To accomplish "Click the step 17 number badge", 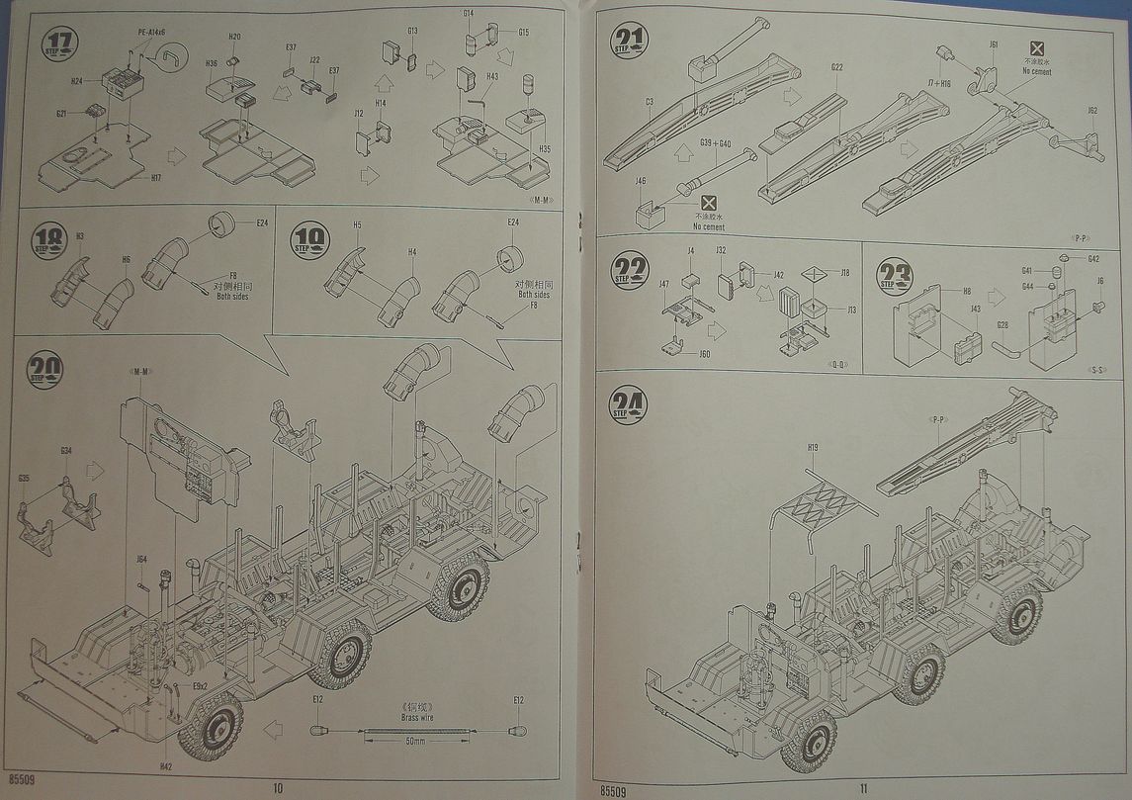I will pos(59,44).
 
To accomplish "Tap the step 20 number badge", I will pos(45,370).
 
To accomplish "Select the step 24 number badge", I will pos(629,404).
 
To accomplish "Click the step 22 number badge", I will pos(630,269).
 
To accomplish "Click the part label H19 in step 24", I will pos(812,448).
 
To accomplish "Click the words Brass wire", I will pos(416,717).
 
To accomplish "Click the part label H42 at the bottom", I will pos(165,766).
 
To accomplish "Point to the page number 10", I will pos(277,787).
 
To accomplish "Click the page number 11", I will pos(862,787).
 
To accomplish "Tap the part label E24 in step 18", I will pos(262,223).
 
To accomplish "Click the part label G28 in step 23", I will pos(1002,324).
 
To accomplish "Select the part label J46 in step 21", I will pos(641,181).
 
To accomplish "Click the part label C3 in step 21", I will pos(650,102).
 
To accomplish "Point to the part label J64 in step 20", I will pos(142,560).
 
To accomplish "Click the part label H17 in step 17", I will pos(156,178).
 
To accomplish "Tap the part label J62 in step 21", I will pos(1091,111).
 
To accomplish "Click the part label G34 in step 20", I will pos(65,451).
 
